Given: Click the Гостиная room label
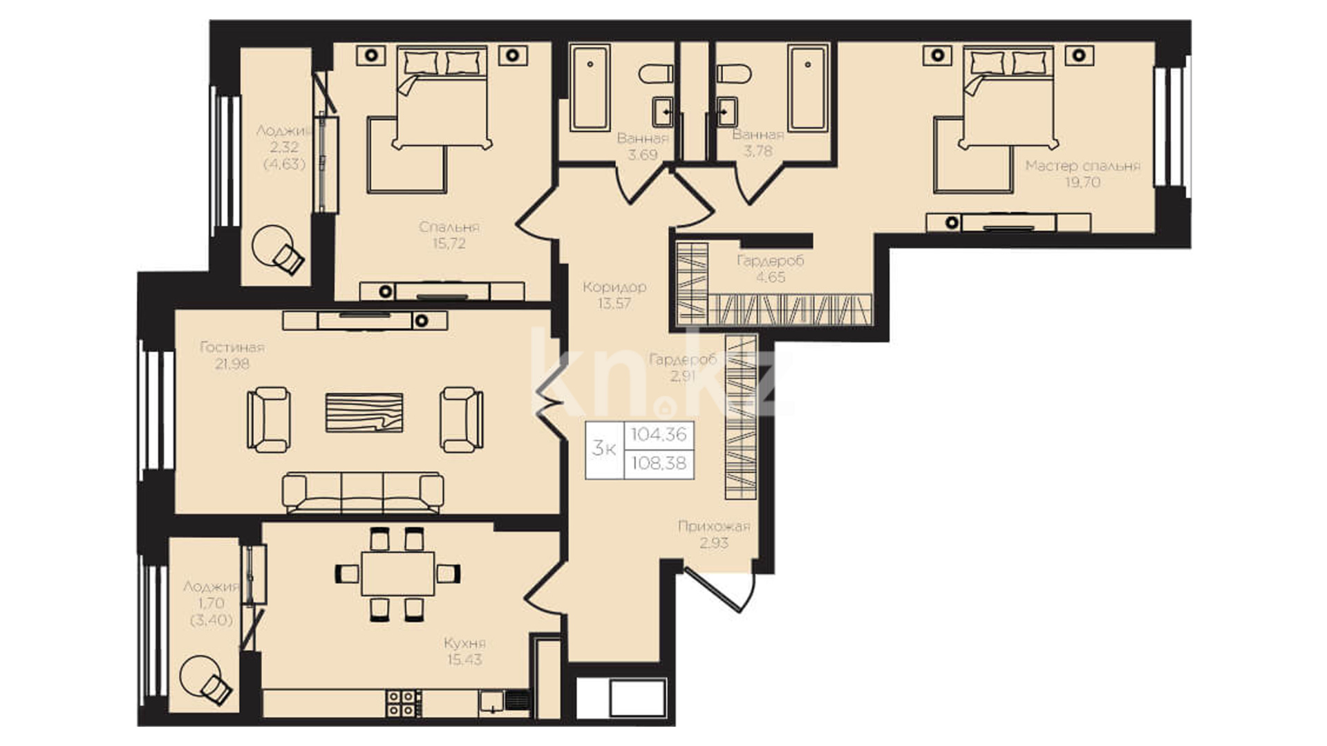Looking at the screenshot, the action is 232,347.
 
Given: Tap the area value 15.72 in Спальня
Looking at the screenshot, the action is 449,243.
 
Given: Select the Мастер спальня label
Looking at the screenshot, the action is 1082,166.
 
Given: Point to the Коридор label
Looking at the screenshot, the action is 614,287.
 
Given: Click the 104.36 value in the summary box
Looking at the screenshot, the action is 659,434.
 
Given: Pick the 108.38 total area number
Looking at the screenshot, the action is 659,463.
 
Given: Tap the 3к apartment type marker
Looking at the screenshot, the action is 604,449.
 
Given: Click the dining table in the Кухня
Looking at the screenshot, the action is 398,573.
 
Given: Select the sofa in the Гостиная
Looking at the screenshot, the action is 363,492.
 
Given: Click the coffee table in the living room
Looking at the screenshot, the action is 364,413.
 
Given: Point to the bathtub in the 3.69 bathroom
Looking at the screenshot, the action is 590,88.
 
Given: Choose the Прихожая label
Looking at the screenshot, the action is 714,526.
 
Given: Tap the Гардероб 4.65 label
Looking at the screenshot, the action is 771,269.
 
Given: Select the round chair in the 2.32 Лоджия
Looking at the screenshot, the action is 277,250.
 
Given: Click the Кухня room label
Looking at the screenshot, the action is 465,643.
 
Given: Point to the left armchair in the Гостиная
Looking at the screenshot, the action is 268,420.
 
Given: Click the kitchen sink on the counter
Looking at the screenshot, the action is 491,702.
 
